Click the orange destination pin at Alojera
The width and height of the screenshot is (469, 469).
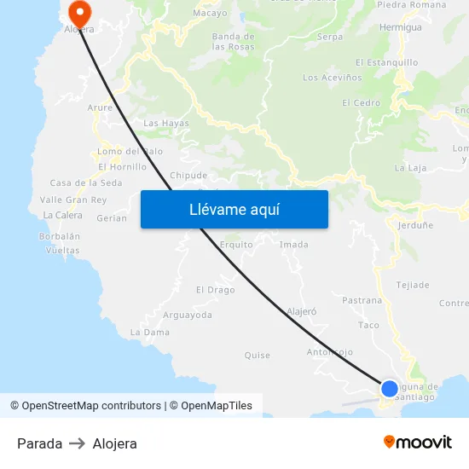78,11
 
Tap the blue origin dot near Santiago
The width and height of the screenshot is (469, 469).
389,388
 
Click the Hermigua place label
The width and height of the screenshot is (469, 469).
400,27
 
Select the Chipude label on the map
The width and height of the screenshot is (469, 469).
188,176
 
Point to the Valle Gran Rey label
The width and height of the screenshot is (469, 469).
73,200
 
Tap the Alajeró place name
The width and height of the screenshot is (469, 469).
302,312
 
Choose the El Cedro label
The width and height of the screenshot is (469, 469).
361,103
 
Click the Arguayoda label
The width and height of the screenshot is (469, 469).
187,315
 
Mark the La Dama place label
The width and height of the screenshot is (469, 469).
150,332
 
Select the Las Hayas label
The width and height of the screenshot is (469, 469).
166,123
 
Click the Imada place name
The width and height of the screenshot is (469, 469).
294,245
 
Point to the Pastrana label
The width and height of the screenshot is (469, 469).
362,300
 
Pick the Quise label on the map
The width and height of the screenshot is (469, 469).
257,356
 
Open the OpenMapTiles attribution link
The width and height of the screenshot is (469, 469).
216,406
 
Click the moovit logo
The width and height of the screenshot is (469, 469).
417,442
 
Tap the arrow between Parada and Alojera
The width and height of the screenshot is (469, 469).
77,443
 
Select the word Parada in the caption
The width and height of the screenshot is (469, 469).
39,443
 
